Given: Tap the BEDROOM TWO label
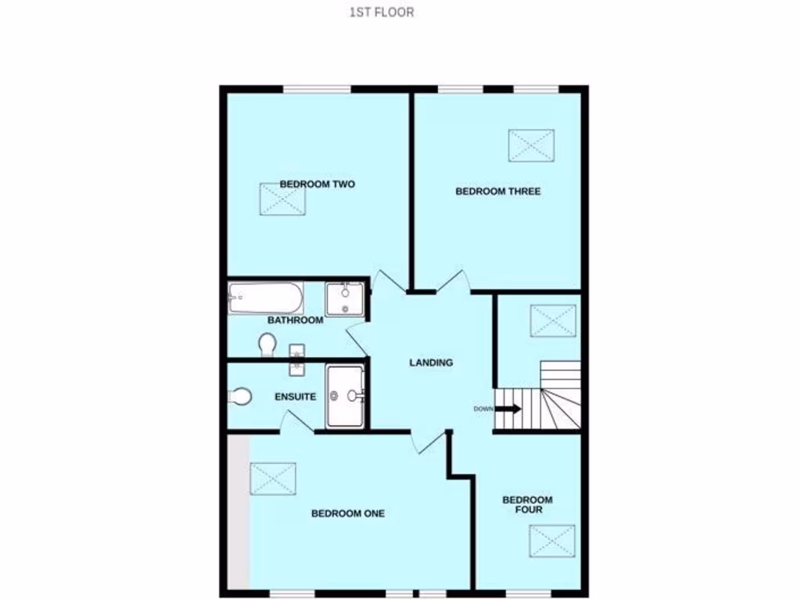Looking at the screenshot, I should pyautogui.click(x=318, y=184).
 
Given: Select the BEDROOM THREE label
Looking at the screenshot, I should pyautogui.click(x=498, y=191).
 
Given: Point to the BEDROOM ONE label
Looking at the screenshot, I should pyautogui.click(x=348, y=514).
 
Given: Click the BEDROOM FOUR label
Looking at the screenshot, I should pyautogui.click(x=527, y=505).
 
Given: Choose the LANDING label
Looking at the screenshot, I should pyautogui.click(x=431, y=362).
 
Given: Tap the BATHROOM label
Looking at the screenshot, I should pyautogui.click(x=295, y=320).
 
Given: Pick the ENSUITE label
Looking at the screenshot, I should pyautogui.click(x=295, y=397).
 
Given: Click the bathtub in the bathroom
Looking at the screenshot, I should pyautogui.click(x=265, y=298).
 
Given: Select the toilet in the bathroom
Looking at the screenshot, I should pyautogui.click(x=267, y=344).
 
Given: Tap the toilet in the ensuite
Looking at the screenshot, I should pyautogui.click(x=240, y=396).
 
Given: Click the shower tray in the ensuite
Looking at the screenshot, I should pyautogui.click(x=345, y=396).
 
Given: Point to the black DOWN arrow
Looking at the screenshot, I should pyautogui.click(x=508, y=409).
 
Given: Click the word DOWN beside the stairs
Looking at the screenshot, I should pyautogui.click(x=483, y=409).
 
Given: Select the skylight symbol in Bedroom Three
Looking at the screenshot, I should pyautogui.click(x=531, y=146).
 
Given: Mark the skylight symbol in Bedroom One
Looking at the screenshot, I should pyautogui.click(x=273, y=478).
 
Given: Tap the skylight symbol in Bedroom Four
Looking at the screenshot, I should pyautogui.click(x=551, y=540).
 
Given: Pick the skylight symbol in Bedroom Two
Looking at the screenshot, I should pyautogui.click(x=282, y=198).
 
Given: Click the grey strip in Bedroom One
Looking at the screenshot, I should pyautogui.click(x=239, y=512).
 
